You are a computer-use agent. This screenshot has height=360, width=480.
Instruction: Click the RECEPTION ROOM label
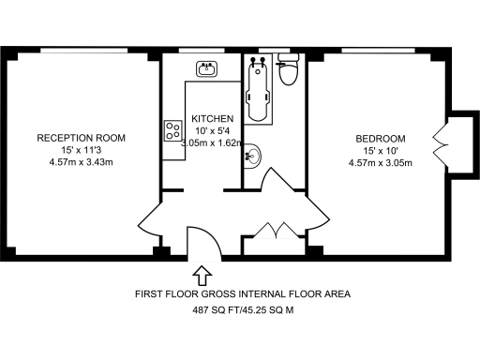pos(81,138)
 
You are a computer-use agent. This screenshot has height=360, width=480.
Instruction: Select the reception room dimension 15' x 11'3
pos(81,150)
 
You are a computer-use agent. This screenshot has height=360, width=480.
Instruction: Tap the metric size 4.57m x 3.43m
pos(81,162)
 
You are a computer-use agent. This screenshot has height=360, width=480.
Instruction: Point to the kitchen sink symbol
pos(207,68)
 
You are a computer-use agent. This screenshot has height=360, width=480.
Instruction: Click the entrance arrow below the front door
pos(200,275)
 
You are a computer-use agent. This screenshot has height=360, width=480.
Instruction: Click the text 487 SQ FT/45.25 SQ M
pos(243,309)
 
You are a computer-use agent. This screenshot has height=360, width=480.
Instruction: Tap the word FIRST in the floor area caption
pos(151,293)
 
